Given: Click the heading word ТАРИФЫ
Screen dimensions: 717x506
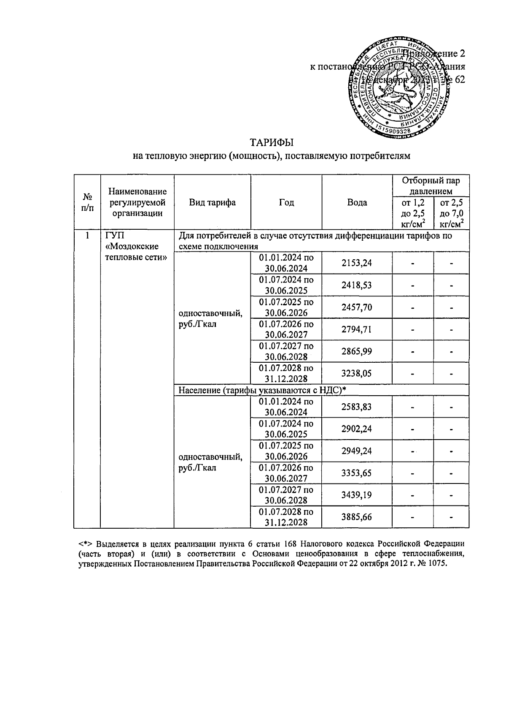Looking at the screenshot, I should (271, 142).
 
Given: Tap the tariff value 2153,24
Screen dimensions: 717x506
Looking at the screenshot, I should (357, 263).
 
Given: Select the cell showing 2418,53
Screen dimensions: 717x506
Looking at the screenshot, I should (357, 285).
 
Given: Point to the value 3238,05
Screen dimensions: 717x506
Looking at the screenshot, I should (357, 373).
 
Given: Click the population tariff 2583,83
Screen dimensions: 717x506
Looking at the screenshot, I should (357, 407).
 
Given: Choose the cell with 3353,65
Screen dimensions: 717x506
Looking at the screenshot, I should (357, 473).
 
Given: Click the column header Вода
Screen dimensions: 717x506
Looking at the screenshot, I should (357, 202).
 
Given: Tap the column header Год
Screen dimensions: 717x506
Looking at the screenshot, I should (286, 202).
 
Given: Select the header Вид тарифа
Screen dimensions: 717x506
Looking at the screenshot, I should (212, 202).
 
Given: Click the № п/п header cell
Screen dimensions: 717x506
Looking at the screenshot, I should (87, 202).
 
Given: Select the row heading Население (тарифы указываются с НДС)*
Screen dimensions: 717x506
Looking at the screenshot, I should (262, 390).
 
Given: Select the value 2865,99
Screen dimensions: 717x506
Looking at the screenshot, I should (357, 351).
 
